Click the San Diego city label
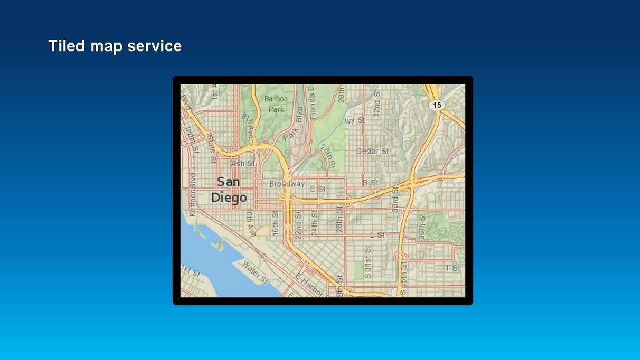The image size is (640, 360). [229, 189]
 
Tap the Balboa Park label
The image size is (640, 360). [276, 104]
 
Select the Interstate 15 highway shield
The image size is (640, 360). [437, 105]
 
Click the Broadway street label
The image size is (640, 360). [287, 183]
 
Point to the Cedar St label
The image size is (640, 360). [372, 151]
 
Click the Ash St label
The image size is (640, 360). [243, 163]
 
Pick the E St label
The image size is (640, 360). [318, 189]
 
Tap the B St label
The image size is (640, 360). [370, 182]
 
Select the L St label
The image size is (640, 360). [377, 235]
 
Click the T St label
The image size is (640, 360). [453, 268]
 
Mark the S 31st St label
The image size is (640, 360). [367, 261]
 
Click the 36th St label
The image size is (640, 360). [423, 225]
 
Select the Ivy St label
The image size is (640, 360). [357, 121]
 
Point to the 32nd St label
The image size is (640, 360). [377, 100]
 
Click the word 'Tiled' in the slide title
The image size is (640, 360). [67, 46]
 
